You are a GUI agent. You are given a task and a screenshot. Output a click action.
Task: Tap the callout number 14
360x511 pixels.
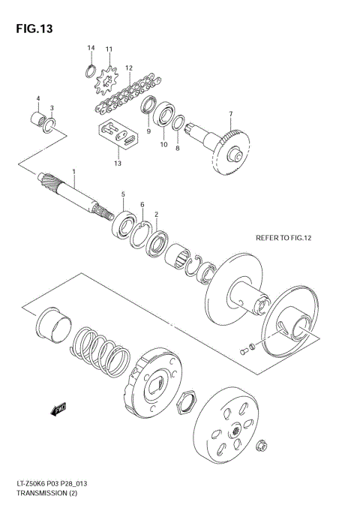(91, 48)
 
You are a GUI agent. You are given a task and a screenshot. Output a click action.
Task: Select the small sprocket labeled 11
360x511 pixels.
(109, 78)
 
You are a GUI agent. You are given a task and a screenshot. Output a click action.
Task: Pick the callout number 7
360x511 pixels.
(230, 114)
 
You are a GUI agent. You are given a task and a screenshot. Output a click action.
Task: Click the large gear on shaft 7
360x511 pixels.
(232, 148)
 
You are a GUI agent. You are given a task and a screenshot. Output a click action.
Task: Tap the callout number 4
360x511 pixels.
(38, 99)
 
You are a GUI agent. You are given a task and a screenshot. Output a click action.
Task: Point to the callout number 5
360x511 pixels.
(124, 194)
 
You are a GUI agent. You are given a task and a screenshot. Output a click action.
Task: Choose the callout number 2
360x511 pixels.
(156, 215)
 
